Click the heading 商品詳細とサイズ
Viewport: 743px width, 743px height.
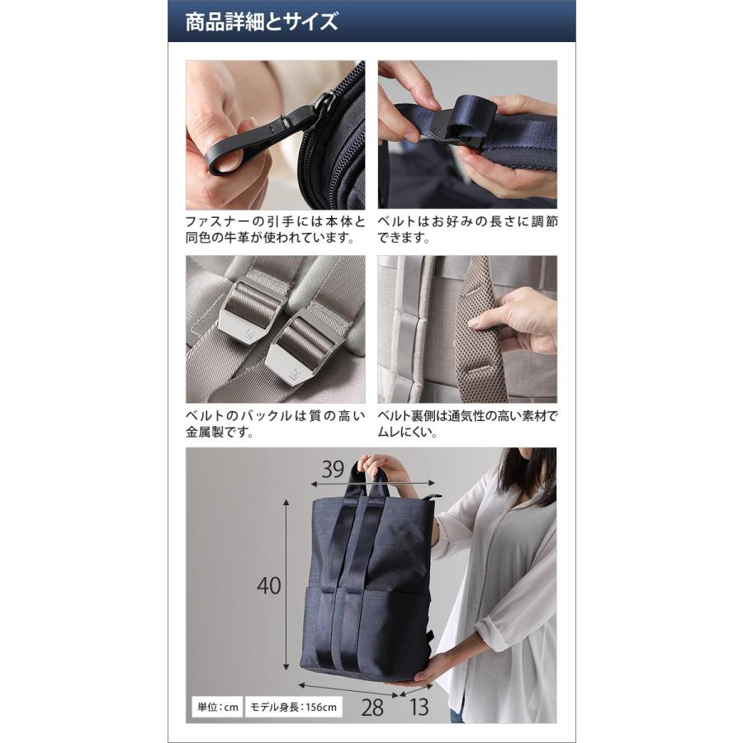261,21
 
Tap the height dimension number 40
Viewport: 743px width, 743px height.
268,585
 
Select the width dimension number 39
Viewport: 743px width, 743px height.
333,469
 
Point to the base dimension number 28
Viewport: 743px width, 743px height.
372,708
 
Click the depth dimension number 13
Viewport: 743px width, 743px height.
419,707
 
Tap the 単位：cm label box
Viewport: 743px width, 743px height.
217,708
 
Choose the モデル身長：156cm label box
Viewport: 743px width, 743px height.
293,708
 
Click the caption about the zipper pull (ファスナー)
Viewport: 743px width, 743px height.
275,230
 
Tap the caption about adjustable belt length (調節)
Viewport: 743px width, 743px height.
467,230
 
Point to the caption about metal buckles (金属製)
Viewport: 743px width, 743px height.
275,424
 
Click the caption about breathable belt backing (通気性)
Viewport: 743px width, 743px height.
467,424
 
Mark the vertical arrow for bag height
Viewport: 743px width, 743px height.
286,584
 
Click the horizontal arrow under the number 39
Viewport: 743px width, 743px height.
372,483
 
